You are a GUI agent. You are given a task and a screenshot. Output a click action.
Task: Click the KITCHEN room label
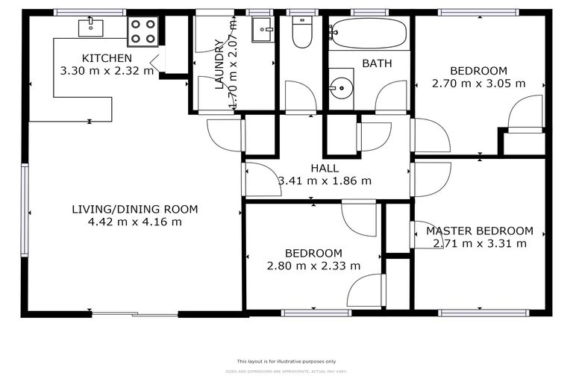(107, 58)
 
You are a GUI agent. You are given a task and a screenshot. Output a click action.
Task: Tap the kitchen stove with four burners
(143, 31)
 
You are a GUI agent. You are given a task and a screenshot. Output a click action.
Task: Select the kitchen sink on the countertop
(90, 28)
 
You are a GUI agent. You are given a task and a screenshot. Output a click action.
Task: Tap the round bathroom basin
(342, 87)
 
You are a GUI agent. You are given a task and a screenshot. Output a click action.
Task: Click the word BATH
(377, 63)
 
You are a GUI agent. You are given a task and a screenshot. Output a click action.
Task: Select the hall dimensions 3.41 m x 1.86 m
(325, 181)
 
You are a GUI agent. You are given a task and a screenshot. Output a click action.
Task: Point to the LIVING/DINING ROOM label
(135, 209)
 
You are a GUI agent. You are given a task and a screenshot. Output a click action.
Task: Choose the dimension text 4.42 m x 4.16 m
(135, 222)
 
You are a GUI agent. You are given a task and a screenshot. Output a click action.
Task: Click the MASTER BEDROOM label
(479, 231)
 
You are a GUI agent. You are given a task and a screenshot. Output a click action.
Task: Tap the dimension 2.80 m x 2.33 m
(313, 266)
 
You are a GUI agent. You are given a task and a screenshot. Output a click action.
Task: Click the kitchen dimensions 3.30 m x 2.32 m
(107, 71)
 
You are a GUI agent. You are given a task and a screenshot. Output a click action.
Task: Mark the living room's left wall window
(25, 210)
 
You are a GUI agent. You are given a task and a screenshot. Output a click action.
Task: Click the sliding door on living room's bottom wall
(135, 314)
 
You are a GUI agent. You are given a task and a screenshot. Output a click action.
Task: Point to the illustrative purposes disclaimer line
(286, 361)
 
